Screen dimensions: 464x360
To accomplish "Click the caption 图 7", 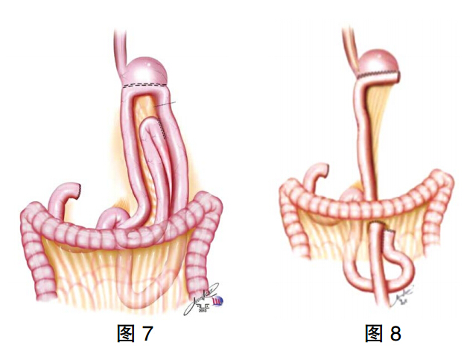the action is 136,333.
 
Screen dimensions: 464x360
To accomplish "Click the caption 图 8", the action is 384,333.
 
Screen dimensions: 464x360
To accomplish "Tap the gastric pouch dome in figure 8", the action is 379,62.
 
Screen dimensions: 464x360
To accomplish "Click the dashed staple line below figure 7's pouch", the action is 145,86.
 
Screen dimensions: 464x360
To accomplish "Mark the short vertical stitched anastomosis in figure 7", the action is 162,128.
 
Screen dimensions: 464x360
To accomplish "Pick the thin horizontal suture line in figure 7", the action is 165,104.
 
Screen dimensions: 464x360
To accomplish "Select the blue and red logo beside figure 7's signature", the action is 219,301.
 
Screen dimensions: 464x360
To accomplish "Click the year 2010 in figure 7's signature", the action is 204,310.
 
